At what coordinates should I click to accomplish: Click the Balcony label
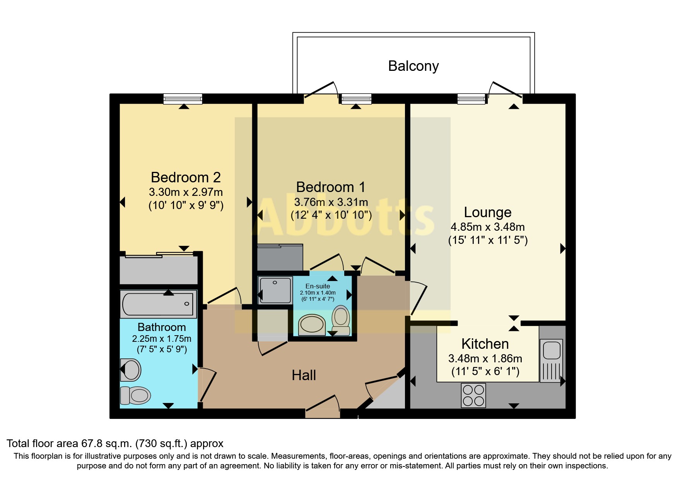pos(413,66)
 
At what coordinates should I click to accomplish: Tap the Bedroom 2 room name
pos(186,177)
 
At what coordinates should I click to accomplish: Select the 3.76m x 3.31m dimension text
pos(331,202)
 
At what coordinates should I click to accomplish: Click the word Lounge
pos(487,212)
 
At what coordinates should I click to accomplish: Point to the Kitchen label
pos(485,344)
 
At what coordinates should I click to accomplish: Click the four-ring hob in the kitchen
pos(473,395)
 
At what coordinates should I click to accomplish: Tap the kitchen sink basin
pos(552,350)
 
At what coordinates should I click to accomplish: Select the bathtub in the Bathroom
pos(158,304)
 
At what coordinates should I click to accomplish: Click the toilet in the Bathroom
pos(135,395)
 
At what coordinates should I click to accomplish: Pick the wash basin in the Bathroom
pos(131,370)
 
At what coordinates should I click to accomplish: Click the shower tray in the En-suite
pos(275,290)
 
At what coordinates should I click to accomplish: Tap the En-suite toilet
pos(341,319)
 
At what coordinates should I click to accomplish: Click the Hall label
pos(304,375)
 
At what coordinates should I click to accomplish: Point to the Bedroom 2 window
pos(183,99)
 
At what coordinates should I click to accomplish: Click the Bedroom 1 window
pos(356,99)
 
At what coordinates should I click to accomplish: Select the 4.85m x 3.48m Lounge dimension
pos(487,227)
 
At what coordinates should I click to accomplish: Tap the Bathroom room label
pos(162,327)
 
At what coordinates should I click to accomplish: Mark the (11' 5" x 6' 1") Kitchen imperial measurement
pos(485,372)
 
